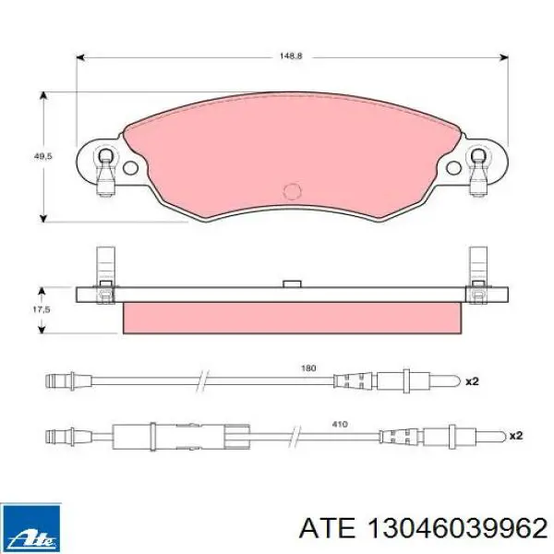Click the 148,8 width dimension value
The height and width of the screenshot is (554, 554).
coord(292,56)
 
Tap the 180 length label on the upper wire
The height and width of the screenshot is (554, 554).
coord(308,367)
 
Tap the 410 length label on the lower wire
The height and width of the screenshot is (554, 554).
coord(339,424)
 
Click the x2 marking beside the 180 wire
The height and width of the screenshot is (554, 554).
coord(471,380)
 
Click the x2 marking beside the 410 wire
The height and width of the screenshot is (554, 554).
coord(515,434)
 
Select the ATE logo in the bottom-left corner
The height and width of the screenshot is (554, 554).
coord(31,524)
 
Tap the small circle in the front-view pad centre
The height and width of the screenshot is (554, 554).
coord(292,190)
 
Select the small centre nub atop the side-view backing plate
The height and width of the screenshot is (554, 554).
coord(292,283)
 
